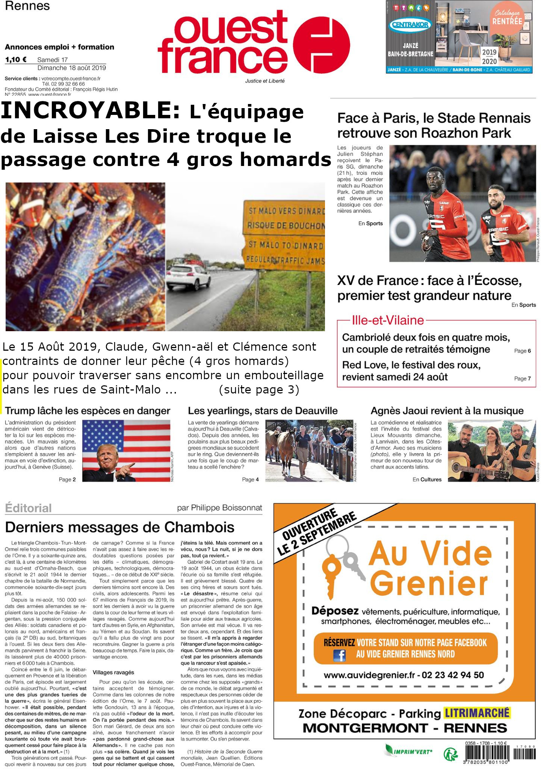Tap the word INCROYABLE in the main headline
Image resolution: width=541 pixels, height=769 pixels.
[90, 112]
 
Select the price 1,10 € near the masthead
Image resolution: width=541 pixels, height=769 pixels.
[16, 59]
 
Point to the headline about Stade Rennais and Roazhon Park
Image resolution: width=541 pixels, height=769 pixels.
[434, 125]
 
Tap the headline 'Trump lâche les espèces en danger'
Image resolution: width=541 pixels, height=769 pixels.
[88, 411]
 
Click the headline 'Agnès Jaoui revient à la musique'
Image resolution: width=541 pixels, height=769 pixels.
[447, 411]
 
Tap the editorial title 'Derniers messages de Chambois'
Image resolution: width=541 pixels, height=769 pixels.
[119, 527]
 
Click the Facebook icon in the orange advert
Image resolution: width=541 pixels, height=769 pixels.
[339, 655]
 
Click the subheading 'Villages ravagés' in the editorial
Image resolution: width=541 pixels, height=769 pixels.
[113, 672]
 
